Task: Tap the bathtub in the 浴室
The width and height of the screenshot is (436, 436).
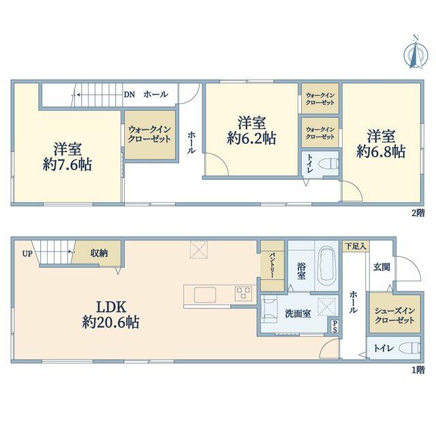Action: coord(327,266)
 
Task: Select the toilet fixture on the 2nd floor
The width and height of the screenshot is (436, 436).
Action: coord(328,163)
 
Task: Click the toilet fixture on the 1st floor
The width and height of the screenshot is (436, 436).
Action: coord(410,348)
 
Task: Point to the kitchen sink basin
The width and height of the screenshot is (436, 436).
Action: coord(205,295)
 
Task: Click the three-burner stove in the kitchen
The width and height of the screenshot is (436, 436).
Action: coord(243,294)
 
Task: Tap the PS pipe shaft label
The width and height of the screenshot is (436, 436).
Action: coord(334,327)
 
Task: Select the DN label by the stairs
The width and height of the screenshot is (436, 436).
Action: coord(129,95)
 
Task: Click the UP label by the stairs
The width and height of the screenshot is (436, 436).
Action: coord(27,253)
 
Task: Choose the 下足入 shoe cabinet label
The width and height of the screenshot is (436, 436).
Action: coord(356,246)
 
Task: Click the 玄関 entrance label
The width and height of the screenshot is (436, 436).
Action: coord(381,267)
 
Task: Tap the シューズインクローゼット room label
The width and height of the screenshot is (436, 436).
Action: coord(394,315)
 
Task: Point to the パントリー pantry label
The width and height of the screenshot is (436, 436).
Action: coord(272,265)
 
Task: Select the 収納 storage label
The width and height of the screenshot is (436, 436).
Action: coord(99,253)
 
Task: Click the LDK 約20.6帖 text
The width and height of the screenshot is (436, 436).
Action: coord(110,315)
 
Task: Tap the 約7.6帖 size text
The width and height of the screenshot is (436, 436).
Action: coord(67,165)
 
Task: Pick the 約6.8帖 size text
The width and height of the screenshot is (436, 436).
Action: coord(381,152)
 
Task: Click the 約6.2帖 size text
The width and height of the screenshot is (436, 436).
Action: coord(251,138)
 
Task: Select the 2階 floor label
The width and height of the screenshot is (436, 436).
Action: coord(418,213)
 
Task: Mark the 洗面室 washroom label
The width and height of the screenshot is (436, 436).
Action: coord(298,313)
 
